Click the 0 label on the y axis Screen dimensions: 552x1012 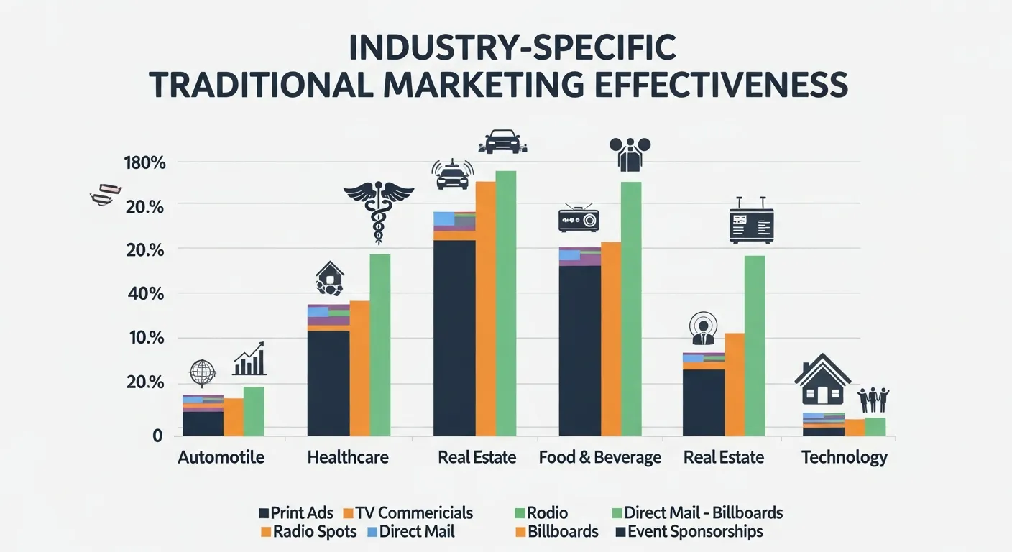coord(157,435)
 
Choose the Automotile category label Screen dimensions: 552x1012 coord(221,457)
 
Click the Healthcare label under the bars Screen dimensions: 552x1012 coord(348,457)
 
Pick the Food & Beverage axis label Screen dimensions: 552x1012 coord(600,457)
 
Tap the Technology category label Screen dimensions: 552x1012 coord(844,457)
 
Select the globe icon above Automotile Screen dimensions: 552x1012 coord(202,374)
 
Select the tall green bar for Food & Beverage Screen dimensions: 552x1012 coord(630,308)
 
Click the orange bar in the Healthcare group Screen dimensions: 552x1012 coord(359,368)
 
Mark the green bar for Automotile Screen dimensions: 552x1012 coord(254,411)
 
